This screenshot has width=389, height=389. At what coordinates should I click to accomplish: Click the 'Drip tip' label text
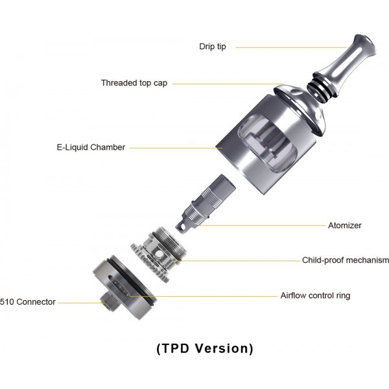tap(213, 47)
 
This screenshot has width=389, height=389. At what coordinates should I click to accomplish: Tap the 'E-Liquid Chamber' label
tap(90, 147)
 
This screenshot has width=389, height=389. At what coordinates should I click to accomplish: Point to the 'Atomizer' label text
tap(345, 226)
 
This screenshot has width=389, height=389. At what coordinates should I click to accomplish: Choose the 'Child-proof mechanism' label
tap(346, 261)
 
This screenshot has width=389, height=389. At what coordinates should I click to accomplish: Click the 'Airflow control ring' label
tap(315, 296)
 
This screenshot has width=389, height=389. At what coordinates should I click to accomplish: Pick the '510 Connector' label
tap(28, 301)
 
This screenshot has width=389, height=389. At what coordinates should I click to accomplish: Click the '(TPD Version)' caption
tap(205, 348)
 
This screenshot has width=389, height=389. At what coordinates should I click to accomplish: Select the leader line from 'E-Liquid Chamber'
tap(175, 148)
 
